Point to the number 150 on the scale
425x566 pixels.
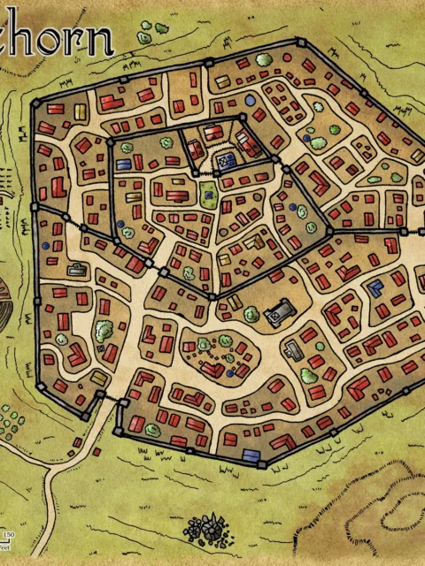pos(9,535)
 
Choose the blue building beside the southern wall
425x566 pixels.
pos(251,456)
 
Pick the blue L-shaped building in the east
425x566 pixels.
pos(375,287)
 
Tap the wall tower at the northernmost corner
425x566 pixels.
pos(301,42)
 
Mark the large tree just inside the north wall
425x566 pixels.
pos(264,60)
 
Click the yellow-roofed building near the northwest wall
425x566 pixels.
pos(80,111)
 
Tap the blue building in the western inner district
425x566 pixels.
pos(123,163)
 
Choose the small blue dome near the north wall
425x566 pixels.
pos(251,100)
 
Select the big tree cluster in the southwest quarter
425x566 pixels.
pos(103,331)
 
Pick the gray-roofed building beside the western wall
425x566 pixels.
pos(77,270)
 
